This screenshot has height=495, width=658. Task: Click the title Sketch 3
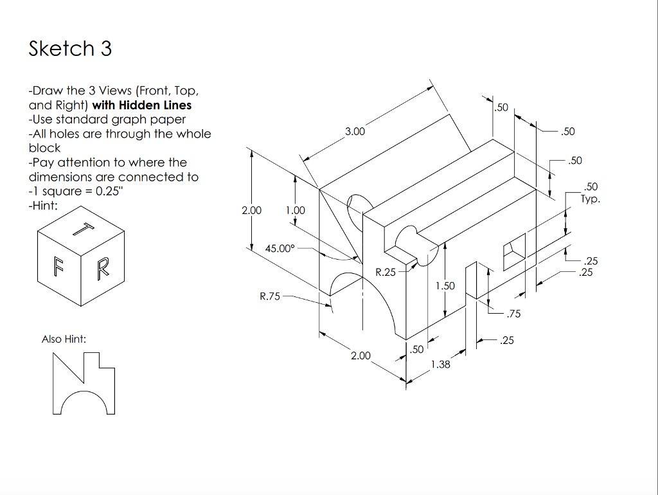pos(70,49)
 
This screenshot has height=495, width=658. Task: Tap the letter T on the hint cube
pos(84,229)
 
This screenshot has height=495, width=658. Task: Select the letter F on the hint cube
pos(59,266)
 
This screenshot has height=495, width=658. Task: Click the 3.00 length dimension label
pos(355,132)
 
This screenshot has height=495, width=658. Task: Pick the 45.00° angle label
pos(280,248)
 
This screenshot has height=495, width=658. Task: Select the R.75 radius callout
pos(270,296)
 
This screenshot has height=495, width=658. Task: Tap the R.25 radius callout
pos(386,272)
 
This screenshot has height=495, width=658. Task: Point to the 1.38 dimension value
pos(440,364)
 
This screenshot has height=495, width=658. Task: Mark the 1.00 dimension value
pos(295,210)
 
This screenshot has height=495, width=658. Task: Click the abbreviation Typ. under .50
pos(591,199)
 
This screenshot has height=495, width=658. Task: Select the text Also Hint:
pos(64,339)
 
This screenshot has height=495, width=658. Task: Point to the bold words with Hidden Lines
pos(142,105)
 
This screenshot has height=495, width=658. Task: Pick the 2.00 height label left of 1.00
pos(251,210)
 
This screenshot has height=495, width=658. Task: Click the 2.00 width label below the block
pos(360,355)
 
